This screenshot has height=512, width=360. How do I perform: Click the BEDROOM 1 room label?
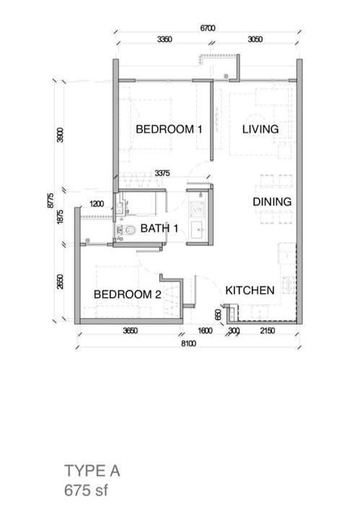(169, 129)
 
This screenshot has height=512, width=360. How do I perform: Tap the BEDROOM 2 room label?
(128, 294)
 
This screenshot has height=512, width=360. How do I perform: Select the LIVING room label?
(260, 129)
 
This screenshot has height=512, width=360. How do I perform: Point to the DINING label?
(272, 202)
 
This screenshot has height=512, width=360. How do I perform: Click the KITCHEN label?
(250, 291)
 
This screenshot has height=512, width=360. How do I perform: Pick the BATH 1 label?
(159, 229)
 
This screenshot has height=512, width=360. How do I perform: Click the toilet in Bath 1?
(127, 230)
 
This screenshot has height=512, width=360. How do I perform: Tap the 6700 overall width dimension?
(208, 28)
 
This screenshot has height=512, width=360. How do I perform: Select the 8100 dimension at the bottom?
(188, 343)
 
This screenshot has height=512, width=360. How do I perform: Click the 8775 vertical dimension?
(51, 200)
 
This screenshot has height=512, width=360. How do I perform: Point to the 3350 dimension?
(164, 39)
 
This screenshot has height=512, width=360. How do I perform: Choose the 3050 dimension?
(255, 39)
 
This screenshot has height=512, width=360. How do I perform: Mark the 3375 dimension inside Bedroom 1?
(162, 173)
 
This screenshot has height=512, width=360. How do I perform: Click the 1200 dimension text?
(97, 204)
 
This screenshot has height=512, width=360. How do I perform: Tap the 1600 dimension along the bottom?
(205, 331)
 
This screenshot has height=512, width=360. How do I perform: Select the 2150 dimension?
(267, 331)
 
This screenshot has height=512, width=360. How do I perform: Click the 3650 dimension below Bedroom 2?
(130, 331)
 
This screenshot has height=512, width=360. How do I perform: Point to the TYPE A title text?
(92, 471)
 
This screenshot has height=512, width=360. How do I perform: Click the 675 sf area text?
(86, 490)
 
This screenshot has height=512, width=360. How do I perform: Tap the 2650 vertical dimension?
(60, 281)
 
